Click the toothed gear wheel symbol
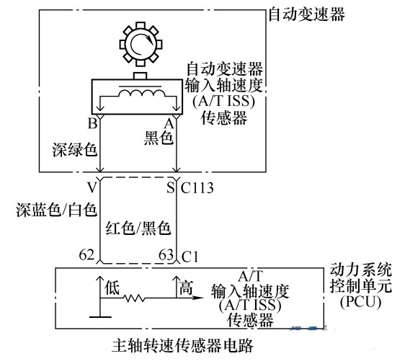click(x=141, y=45)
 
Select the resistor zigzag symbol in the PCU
click(x=134, y=298)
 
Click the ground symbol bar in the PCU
click(x=100, y=316)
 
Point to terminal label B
click(x=93, y=123)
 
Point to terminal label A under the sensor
click(x=169, y=124)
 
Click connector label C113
click(x=197, y=188)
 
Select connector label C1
click(x=190, y=257)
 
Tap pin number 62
click(x=86, y=254)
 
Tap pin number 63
click(x=166, y=254)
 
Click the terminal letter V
click(x=92, y=188)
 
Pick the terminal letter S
click(x=171, y=188)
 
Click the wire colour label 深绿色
click(x=75, y=149)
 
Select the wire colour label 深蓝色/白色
click(x=56, y=209)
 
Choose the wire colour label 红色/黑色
click(x=138, y=228)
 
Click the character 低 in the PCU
click(x=112, y=288)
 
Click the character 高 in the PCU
click(x=186, y=288)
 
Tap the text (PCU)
click(x=360, y=302)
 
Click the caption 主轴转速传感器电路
click(x=182, y=345)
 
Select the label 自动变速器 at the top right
click(x=307, y=14)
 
